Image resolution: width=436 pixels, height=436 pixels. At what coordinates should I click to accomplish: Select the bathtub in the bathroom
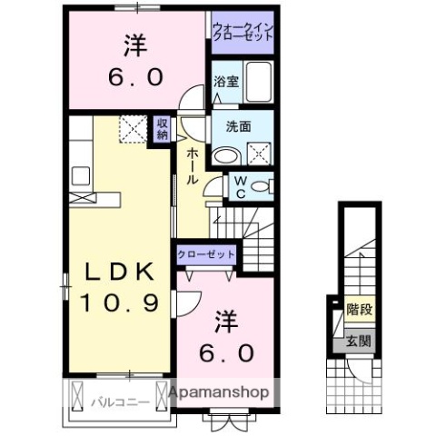(x=259, y=83)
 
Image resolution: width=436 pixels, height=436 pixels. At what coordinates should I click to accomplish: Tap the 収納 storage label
(x=161, y=129)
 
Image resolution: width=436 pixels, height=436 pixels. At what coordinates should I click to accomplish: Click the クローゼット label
(x=207, y=254)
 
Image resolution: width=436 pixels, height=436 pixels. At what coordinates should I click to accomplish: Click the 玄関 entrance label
(x=358, y=342)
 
